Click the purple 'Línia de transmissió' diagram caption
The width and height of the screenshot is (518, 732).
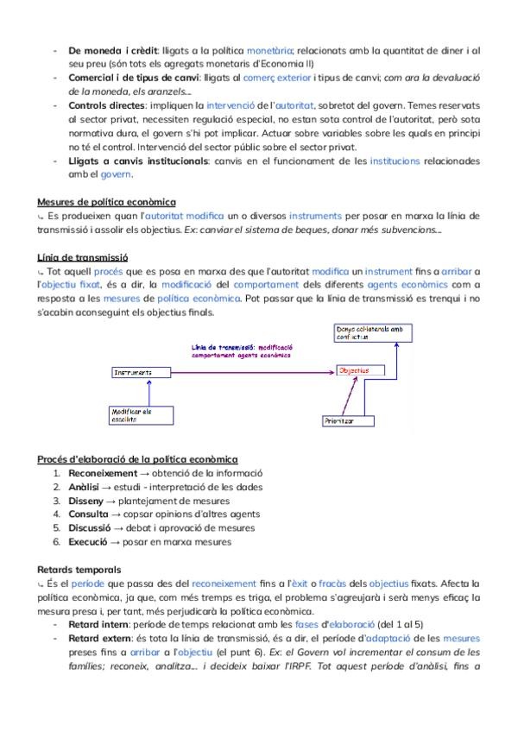(242, 350)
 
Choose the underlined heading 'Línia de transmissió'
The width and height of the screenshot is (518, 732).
(83, 257)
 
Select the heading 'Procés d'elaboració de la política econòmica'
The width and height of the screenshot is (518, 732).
(138, 458)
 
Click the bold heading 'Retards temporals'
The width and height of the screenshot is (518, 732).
(79, 570)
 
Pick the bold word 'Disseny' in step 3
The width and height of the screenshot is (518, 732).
(87, 501)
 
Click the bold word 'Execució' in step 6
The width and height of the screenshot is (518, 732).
(90, 542)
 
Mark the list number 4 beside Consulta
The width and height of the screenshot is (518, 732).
(56, 514)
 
